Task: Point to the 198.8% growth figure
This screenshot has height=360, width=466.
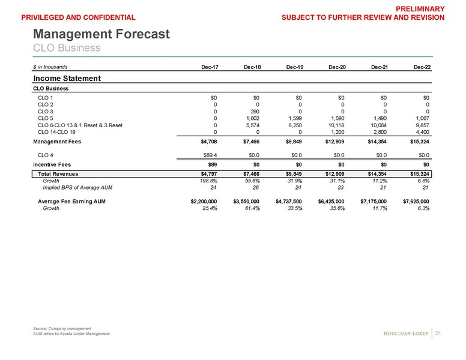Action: tap(207, 181)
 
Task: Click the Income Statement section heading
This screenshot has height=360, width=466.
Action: tap(66, 78)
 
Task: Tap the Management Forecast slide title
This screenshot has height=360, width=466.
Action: tap(101, 34)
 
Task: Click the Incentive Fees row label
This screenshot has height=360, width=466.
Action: tap(55, 164)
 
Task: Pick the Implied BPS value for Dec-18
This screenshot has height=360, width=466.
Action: tap(255, 187)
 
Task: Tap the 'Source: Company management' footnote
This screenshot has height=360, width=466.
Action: tap(61, 328)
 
